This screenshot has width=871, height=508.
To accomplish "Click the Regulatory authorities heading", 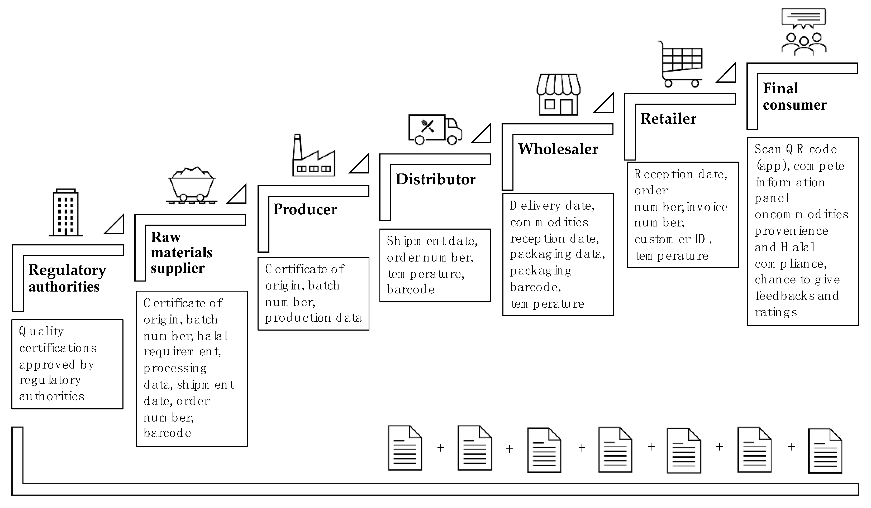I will tap(67, 278).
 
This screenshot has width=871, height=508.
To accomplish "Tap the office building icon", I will tap(66, 212).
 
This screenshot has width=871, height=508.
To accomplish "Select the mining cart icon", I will tap(192, 186).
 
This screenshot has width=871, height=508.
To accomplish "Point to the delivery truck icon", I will tap(435, 129).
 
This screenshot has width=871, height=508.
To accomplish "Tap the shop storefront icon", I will tap(558, 95).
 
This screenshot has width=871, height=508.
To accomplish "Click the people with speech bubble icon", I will tap(804, 32).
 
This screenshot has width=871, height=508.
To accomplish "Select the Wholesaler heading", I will tap(558, 149).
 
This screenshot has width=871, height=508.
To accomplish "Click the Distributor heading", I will tap(435, 179).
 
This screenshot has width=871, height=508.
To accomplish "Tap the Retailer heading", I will tap(668, 118).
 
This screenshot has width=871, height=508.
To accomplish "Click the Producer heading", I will tap(305, 209).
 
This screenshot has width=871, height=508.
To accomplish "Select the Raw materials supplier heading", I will tap(182, 253).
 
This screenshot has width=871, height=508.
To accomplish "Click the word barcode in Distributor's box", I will tap(411, 289).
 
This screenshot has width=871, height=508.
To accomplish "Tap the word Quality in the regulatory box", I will tap(41, 332).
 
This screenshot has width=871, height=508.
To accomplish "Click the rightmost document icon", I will tap(825, 451).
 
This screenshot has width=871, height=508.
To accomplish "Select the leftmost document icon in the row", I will tap(405, 448).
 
